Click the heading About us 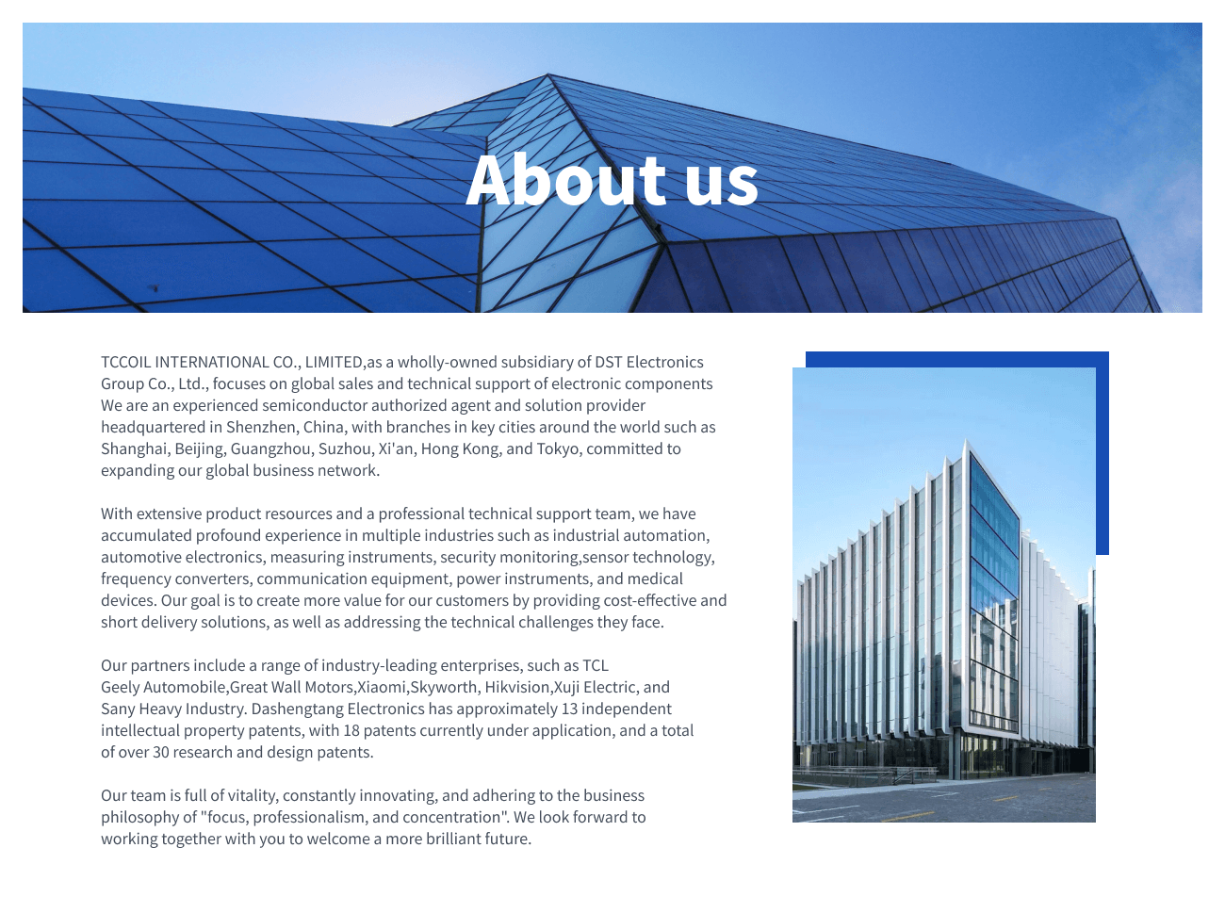click(x=612, y=179)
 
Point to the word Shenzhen click(x=260, y=427)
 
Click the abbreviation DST click(x=608, y=362)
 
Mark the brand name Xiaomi click(x=382, y=687)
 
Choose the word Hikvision click(x=516, y=687)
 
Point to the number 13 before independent click(x=569, y=709)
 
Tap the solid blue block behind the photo click(x=1102, y=452)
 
